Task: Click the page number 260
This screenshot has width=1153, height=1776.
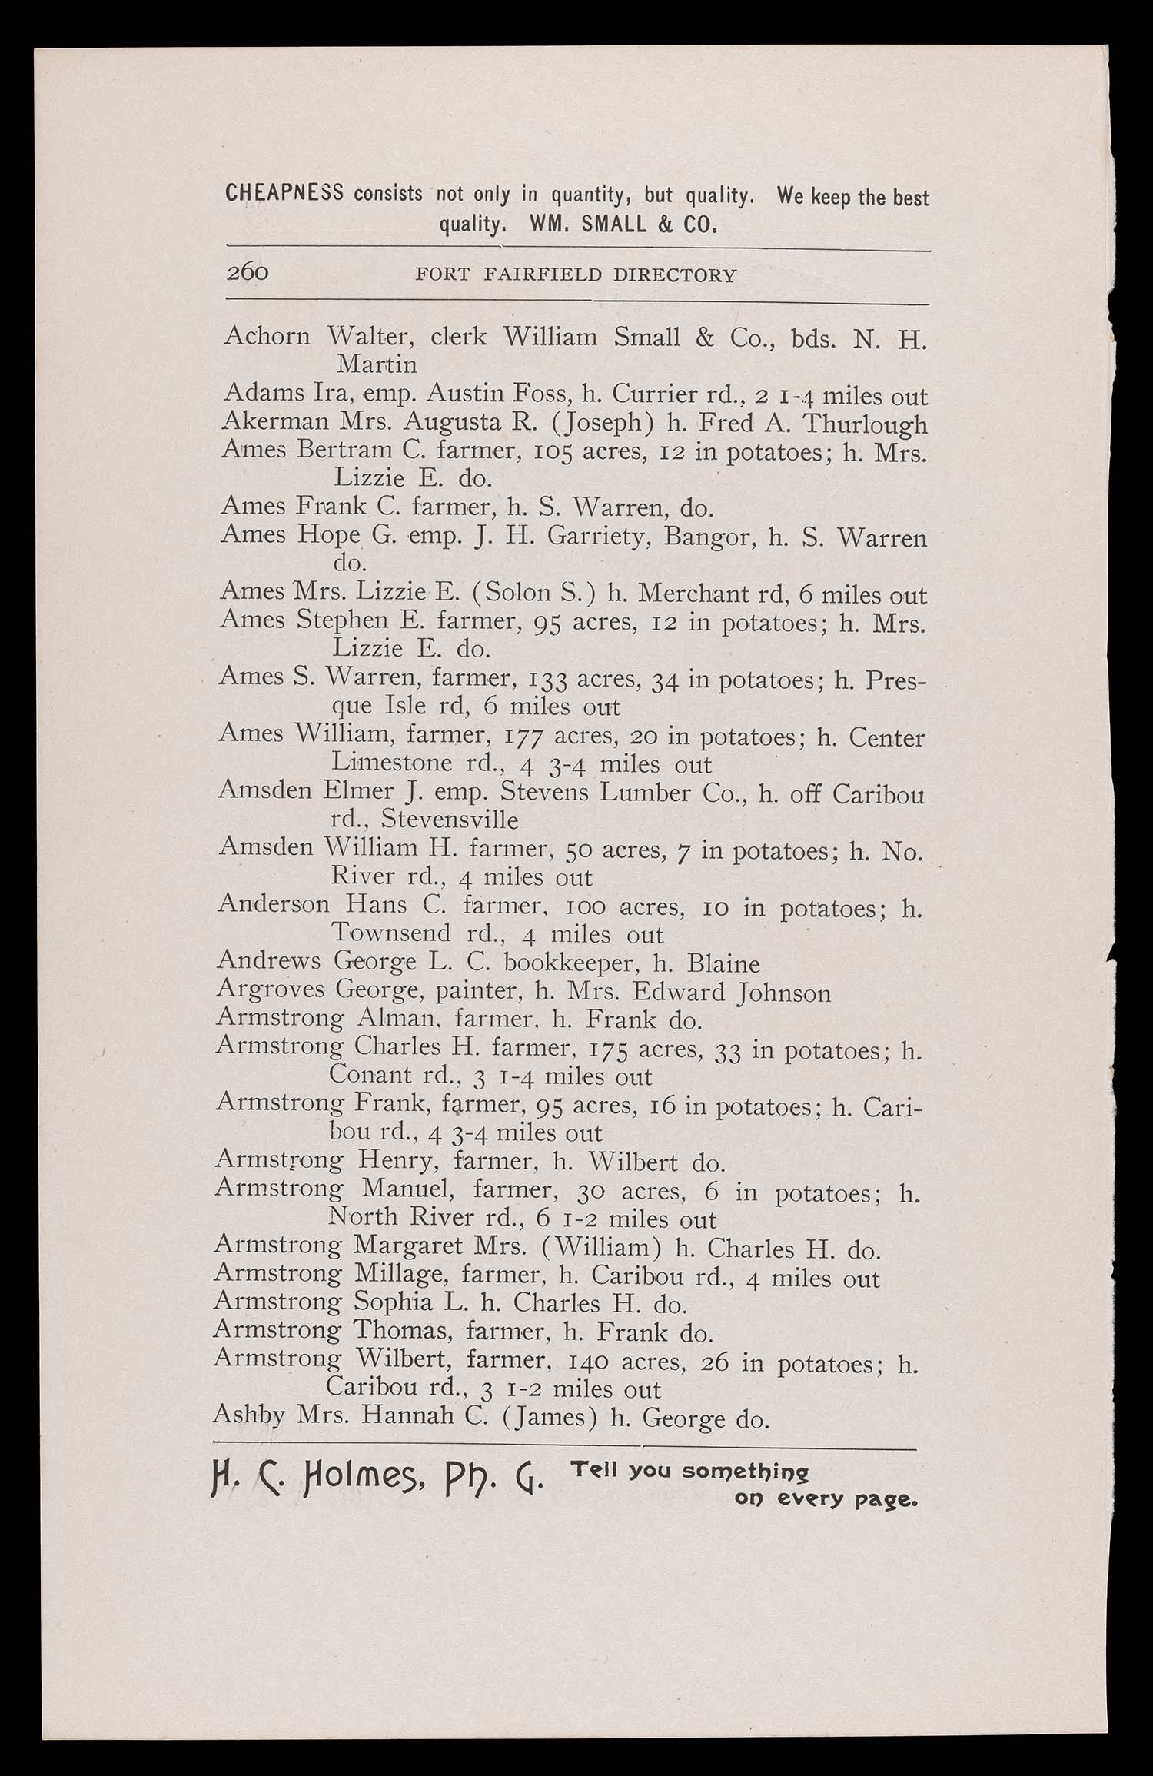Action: point(247,273)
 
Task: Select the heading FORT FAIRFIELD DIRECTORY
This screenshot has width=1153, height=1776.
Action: point(575,274)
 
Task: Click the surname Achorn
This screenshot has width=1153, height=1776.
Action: point(267,336)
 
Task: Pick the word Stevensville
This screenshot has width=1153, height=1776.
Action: point(449,820)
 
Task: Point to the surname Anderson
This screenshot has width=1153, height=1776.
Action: point(273,903)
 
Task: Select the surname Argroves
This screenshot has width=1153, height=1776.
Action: point(267,992)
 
